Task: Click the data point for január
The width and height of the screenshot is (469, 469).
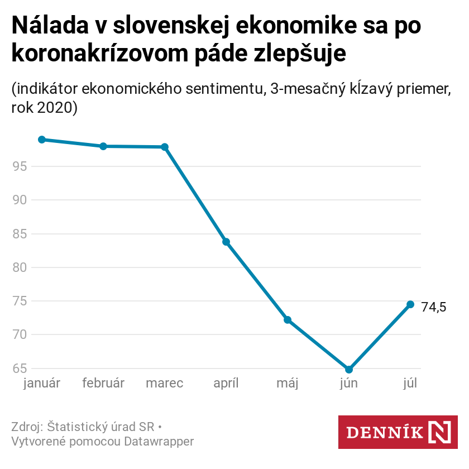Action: point(42,140)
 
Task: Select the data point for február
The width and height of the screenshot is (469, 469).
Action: point(103,146)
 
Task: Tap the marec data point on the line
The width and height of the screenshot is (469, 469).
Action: point(165,147)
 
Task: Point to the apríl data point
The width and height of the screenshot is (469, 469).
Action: point(226,242)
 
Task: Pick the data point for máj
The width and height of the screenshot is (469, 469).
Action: point(288,320)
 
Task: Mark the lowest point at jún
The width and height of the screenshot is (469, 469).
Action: point(349,370)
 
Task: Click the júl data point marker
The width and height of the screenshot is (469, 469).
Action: point(410,304)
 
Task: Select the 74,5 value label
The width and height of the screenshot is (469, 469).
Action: point(434,307)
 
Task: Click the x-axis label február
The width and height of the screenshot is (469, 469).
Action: point(103,384)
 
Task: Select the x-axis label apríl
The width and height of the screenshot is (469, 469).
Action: point(226,384)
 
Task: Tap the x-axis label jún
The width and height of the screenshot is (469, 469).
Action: point(349,384)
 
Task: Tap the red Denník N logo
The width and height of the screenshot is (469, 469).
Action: point(398,432)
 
